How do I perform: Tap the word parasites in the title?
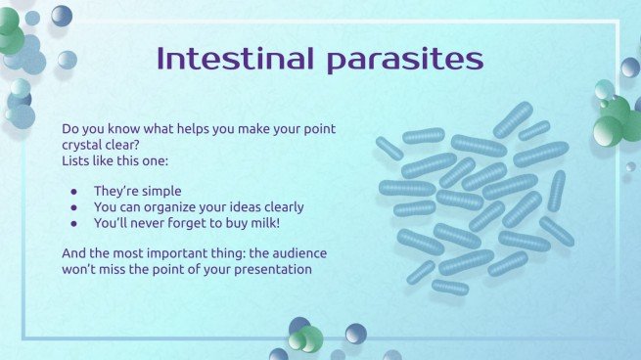pos(405,60)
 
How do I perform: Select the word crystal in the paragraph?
pos(84,144)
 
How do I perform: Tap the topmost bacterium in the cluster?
pos(513,118)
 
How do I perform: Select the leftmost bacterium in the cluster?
pos(389,149)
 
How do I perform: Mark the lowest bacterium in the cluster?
pos(450,288)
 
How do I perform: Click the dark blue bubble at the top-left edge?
pos(62,15)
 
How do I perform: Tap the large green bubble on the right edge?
pos(609,130)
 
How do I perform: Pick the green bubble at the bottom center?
pos(309,338)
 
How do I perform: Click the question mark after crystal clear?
pos(139,144)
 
